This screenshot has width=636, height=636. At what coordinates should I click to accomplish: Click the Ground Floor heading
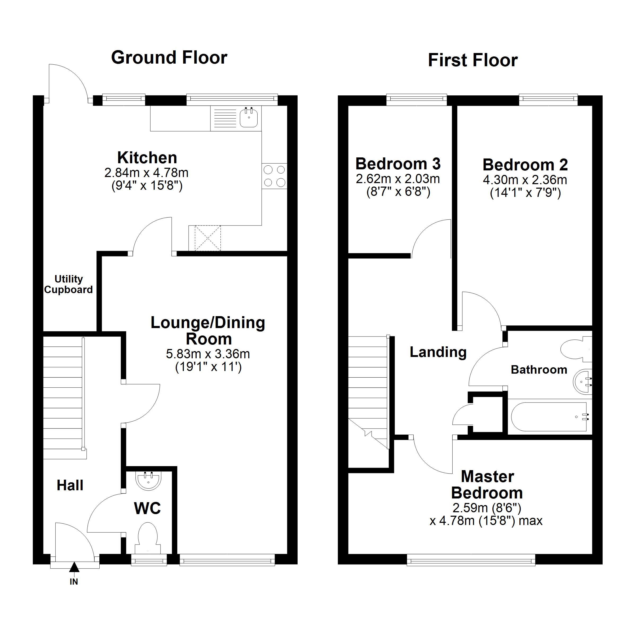click(x=169, y=58)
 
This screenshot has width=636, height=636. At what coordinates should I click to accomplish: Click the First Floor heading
click(x=473, y=60)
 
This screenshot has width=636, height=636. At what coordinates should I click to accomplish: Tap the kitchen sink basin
click(x=249, y=118)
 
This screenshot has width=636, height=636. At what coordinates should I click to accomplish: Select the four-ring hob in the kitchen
click(x=275, y=176)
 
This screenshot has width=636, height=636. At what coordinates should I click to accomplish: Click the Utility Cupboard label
click(x=68, y=284)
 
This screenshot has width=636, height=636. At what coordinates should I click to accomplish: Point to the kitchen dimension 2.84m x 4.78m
click(x=146, y=173)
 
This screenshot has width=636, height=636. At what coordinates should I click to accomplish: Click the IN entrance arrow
click(x=74, y=567)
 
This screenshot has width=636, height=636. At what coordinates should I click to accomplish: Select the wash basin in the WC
click(x=148, y=481)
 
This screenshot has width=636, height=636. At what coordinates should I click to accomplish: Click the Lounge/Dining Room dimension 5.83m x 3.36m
click(x=208, y=354)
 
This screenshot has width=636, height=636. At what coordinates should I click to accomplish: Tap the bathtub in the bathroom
click(x=549, y=417)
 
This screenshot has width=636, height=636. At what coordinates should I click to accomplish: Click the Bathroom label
click(x=539, y=370)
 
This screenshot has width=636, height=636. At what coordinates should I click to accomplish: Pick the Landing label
click(x=438, y=352)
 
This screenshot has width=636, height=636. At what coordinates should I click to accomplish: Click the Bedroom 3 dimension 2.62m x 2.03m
click(x=398, y=179)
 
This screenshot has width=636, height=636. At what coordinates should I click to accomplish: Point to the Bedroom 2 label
click(x=525, y=165)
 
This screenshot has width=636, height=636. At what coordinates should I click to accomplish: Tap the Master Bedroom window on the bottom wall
click(x=471, y=560)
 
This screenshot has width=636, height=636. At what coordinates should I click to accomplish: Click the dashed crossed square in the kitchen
click(x=208, y=238)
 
